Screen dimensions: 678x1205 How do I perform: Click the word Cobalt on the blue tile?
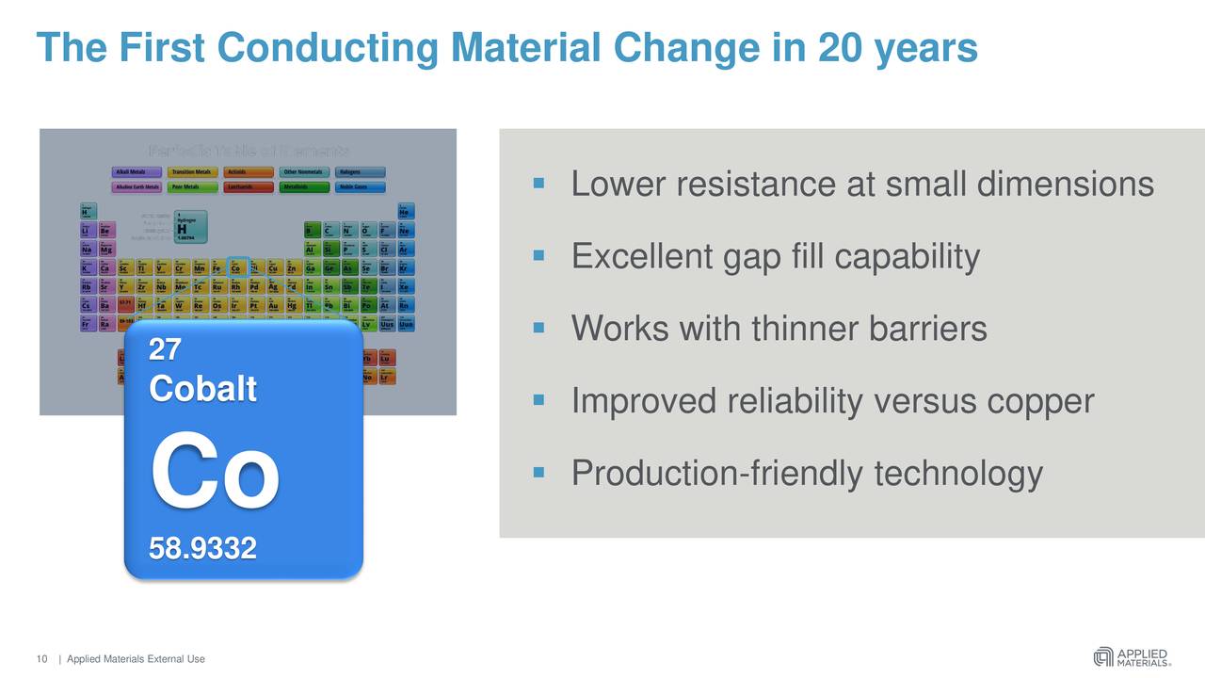point(202,388)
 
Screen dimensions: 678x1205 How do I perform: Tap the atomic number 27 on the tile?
point(165,350)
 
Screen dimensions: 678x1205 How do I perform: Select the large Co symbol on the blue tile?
point(215,474)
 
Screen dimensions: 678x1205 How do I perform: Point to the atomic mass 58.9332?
point(202,547)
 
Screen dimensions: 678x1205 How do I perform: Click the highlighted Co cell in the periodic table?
point(237,267)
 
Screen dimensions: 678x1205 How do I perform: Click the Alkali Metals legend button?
point(137,172)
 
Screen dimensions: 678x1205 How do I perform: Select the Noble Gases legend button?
point(360,187)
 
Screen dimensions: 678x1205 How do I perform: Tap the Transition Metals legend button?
point(192,172)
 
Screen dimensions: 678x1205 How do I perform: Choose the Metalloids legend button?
point(304,187)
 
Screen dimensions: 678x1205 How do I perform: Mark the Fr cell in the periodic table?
point(87,324)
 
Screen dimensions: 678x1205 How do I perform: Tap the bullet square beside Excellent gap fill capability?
point(539,254)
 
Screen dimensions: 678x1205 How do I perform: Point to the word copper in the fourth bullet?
point(1039,402)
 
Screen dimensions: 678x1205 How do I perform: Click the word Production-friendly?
point(716,474)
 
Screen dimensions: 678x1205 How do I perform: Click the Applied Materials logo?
point(1132,656)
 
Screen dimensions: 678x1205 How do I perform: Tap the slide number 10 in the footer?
point(41,659)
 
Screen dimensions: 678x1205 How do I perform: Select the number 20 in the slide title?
point(841,47)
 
